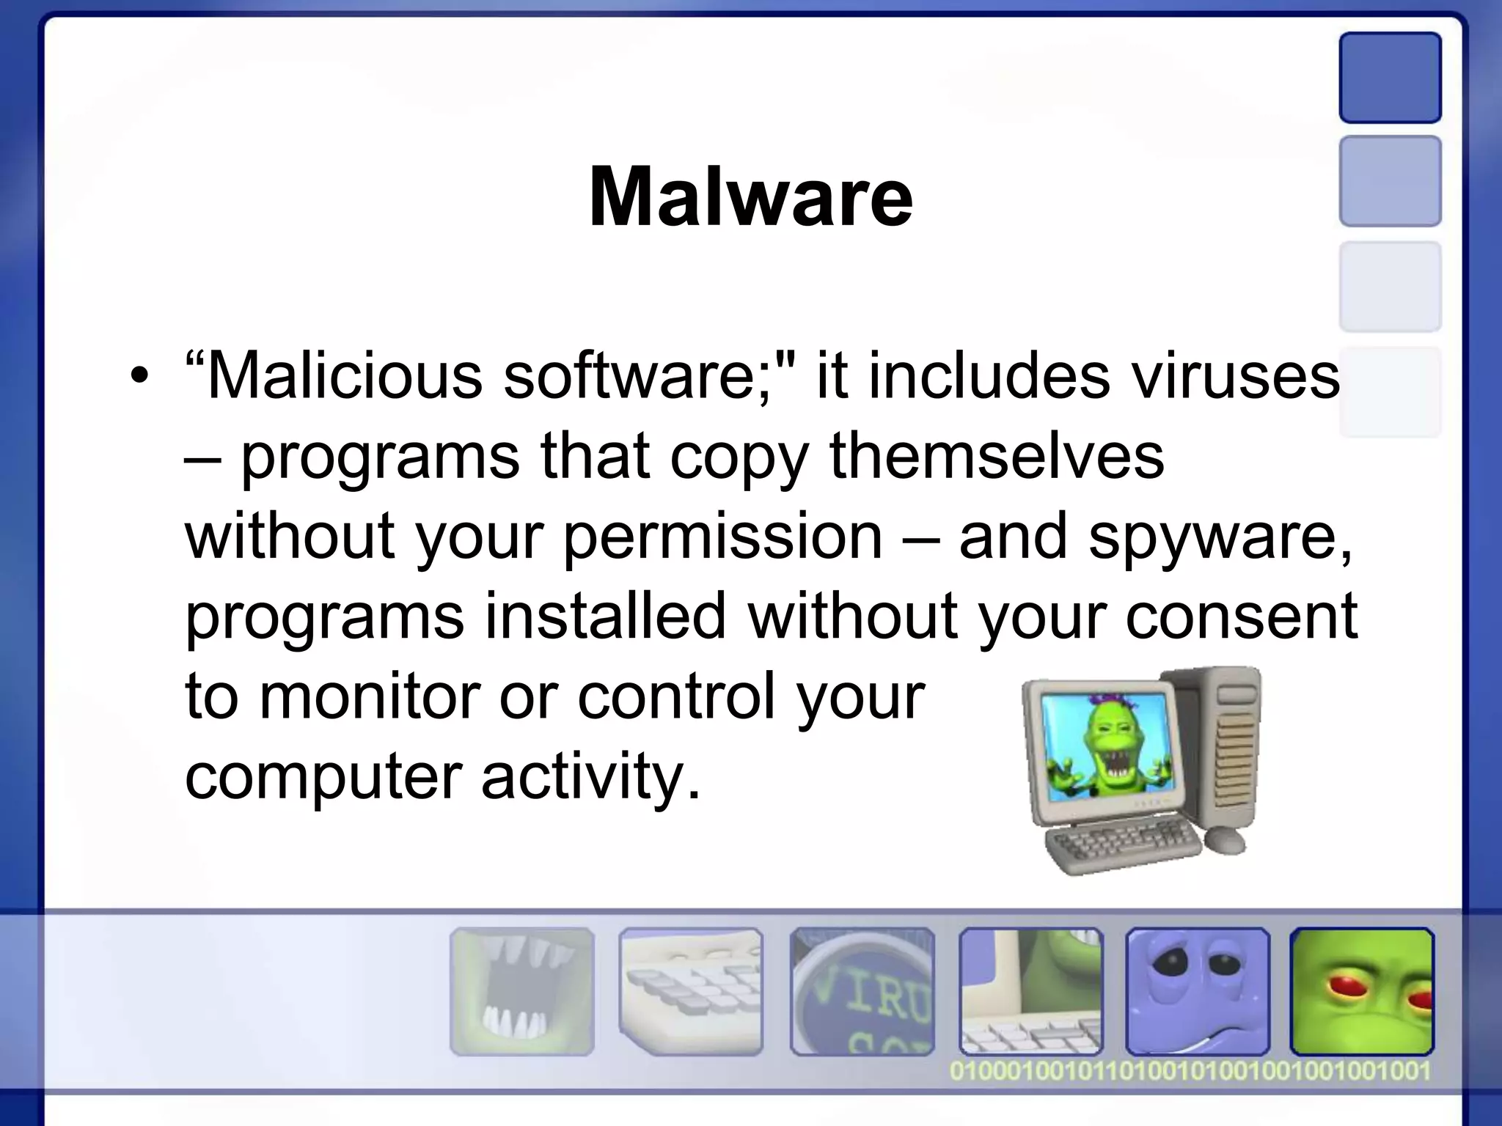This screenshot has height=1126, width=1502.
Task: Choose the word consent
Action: click(x=1241, y=616)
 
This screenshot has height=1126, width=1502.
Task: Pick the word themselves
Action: click(x=996, y=456)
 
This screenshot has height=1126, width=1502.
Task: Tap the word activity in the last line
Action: click(x=590, y=776)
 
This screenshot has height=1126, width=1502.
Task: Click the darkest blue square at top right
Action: click(x=1390, y=78)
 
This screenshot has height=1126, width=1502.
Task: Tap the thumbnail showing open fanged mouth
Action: click(x=521, y=991)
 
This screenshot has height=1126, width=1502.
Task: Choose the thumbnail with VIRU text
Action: click(x=862, y=991)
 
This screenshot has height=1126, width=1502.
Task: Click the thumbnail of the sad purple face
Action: click(x=1198, y=991)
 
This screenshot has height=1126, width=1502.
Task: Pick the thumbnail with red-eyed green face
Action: click(x=1362, y=991)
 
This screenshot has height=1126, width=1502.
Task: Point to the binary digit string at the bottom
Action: click(x=1190, y=1071)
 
